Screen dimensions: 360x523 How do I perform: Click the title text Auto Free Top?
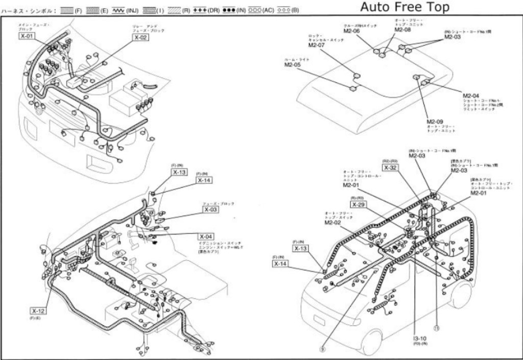coord(405,7)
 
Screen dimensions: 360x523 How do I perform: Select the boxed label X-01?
coord(28,37)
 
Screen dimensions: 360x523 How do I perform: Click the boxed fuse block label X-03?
coord(211,209)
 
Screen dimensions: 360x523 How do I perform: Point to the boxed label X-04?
coord(206,236)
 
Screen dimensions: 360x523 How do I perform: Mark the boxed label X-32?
coord(390,167)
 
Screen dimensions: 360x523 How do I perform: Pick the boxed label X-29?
coord(358,204)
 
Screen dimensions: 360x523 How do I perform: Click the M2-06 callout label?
coord(351,31)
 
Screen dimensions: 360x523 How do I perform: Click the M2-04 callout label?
coord(471,95)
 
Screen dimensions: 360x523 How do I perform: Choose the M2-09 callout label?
coord(435,122)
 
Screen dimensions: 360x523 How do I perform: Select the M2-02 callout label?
coord(333,223)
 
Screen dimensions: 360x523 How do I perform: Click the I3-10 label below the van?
coord(420,339)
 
